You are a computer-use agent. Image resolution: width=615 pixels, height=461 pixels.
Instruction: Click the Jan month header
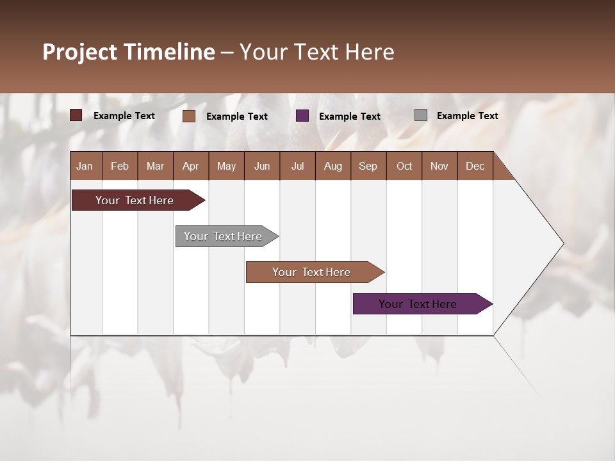pos(85,166)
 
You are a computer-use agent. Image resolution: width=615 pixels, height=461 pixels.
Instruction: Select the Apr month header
pos(190,166)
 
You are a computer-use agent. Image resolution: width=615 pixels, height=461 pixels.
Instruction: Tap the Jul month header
pos(297,166)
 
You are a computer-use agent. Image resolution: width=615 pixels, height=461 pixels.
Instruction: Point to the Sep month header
pos(368,166)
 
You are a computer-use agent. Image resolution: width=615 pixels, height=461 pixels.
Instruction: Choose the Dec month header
pos(475,166)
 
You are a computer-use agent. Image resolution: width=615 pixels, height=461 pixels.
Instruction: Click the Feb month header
pos(120,166)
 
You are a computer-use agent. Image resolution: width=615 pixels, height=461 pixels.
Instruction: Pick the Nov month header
pos(439,166)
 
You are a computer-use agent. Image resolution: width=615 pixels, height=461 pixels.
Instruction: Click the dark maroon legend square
pos(76,115)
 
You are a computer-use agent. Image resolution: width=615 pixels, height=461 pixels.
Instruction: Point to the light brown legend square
pos(189,116)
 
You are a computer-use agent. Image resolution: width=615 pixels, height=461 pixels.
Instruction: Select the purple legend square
pos(302,116)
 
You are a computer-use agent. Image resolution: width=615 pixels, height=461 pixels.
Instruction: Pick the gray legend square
pos(420,115)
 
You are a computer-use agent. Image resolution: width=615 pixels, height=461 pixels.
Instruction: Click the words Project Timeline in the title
pos(129,52)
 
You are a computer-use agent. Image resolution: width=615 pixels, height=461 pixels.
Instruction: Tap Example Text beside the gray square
pos(467,116)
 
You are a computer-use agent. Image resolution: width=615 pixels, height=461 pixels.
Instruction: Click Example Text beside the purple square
pos(349,117)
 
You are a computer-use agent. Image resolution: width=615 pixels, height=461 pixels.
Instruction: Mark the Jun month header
pos(262,166)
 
